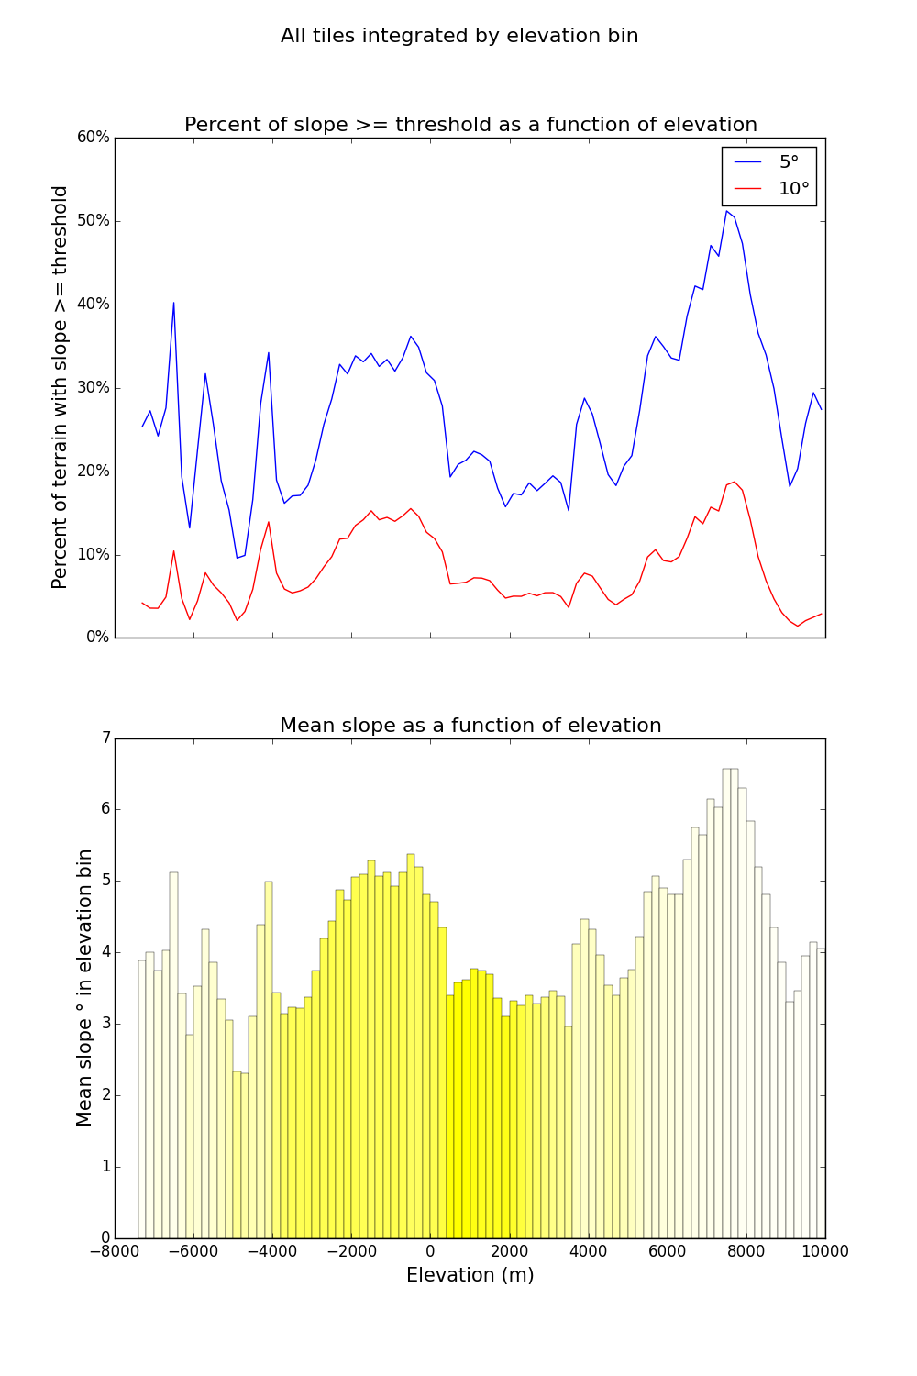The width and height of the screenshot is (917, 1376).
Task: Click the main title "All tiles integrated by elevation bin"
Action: [459, 36]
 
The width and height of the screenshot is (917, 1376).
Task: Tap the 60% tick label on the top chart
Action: [94, 138]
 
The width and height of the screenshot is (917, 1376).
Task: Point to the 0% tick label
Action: [97, 638]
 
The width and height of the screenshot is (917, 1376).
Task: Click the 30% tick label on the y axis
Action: [94, 388]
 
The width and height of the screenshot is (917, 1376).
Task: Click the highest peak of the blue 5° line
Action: [726, 211]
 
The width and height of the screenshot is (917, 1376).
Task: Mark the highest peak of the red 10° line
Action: [734, 482]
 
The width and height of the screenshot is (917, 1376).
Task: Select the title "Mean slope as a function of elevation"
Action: [470, 726]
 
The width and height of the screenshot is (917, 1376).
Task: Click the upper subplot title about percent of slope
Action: [470, 125]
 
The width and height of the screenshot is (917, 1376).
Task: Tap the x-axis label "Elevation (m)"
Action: [470, 1275]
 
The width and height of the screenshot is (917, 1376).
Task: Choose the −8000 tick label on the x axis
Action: [115, 1252]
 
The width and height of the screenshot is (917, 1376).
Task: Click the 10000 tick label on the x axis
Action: [825, 1252]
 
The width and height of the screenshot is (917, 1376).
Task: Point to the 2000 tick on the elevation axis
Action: [509, 1252]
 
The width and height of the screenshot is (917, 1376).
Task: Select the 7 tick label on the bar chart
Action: [105, 738]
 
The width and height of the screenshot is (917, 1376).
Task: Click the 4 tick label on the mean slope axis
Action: [105, 952]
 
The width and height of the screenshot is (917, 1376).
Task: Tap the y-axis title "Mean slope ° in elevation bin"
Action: [84, 987]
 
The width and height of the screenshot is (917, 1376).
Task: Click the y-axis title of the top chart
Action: [61, 387]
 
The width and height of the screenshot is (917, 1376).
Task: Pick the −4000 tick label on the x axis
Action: [272, 1252]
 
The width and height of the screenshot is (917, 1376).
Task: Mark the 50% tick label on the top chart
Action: [94, 221]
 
